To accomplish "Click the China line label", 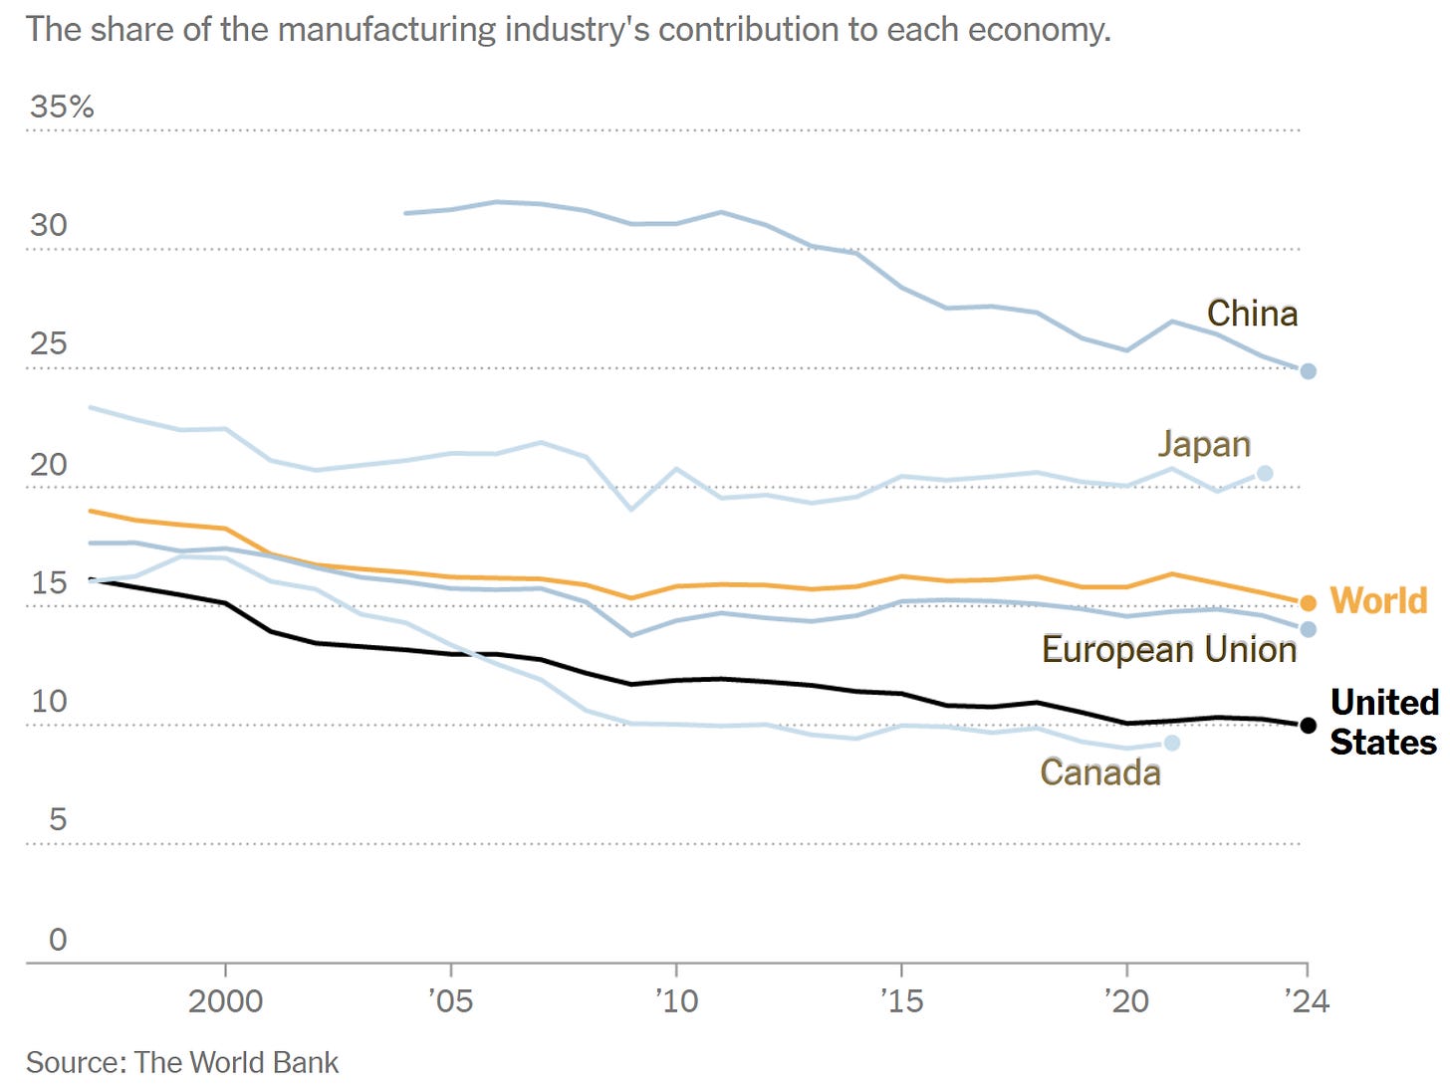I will pyautogui.click(x=1252, y=314).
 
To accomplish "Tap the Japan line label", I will pyautogui.click(x=1204, y=444).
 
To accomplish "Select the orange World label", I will pyautogui.click(x=1378, y=600).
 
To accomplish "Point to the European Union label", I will pyautogui.click(x=1169, y=649).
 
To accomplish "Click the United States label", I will pyautogui.click(x=1383, y=722).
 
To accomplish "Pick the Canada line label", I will pyautogui.click(x=1100, y=772).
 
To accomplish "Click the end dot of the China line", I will pyautogui.click(x=1309, y=371).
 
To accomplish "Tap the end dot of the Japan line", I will pyautogui.click(x=1265, y=473).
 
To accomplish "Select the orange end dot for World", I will pyautogui.click(x=1309, y=603).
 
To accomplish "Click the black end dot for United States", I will pyautogui.click(x=1309, y=726).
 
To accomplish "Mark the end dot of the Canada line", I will pyautogui.click(x=1172, y=743).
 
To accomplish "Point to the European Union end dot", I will pyautogui.click(x=1309, y=629).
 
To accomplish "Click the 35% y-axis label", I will pyautogui.click(x=62, y=107).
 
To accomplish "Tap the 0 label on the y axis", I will pyautogui.click(x=58, y=939).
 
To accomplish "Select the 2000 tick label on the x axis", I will pyautogui.click(x=225, y=1000).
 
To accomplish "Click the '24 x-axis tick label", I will pyautogui.click(x=1307, y=1000).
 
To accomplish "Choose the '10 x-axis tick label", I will pyautogui.click(x=676, y=1000).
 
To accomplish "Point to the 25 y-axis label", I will pyautogui.click(x=48, y=343).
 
